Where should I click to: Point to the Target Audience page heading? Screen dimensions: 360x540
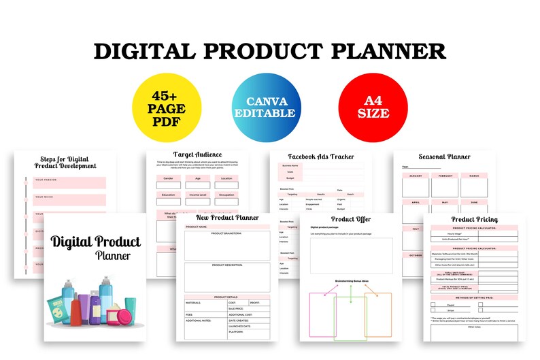pos(197,155)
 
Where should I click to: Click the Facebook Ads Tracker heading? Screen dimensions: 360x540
pos(321,157)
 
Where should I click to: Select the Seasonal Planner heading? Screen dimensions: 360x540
pos(444,157)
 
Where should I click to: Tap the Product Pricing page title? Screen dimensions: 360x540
pos(474,219)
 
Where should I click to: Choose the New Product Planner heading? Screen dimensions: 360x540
pos(227,218)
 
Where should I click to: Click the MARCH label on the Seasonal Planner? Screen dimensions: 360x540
pos(475,176)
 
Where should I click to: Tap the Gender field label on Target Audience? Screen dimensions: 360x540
pos(168,178)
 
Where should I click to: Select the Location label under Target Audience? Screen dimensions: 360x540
pos(226,178)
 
